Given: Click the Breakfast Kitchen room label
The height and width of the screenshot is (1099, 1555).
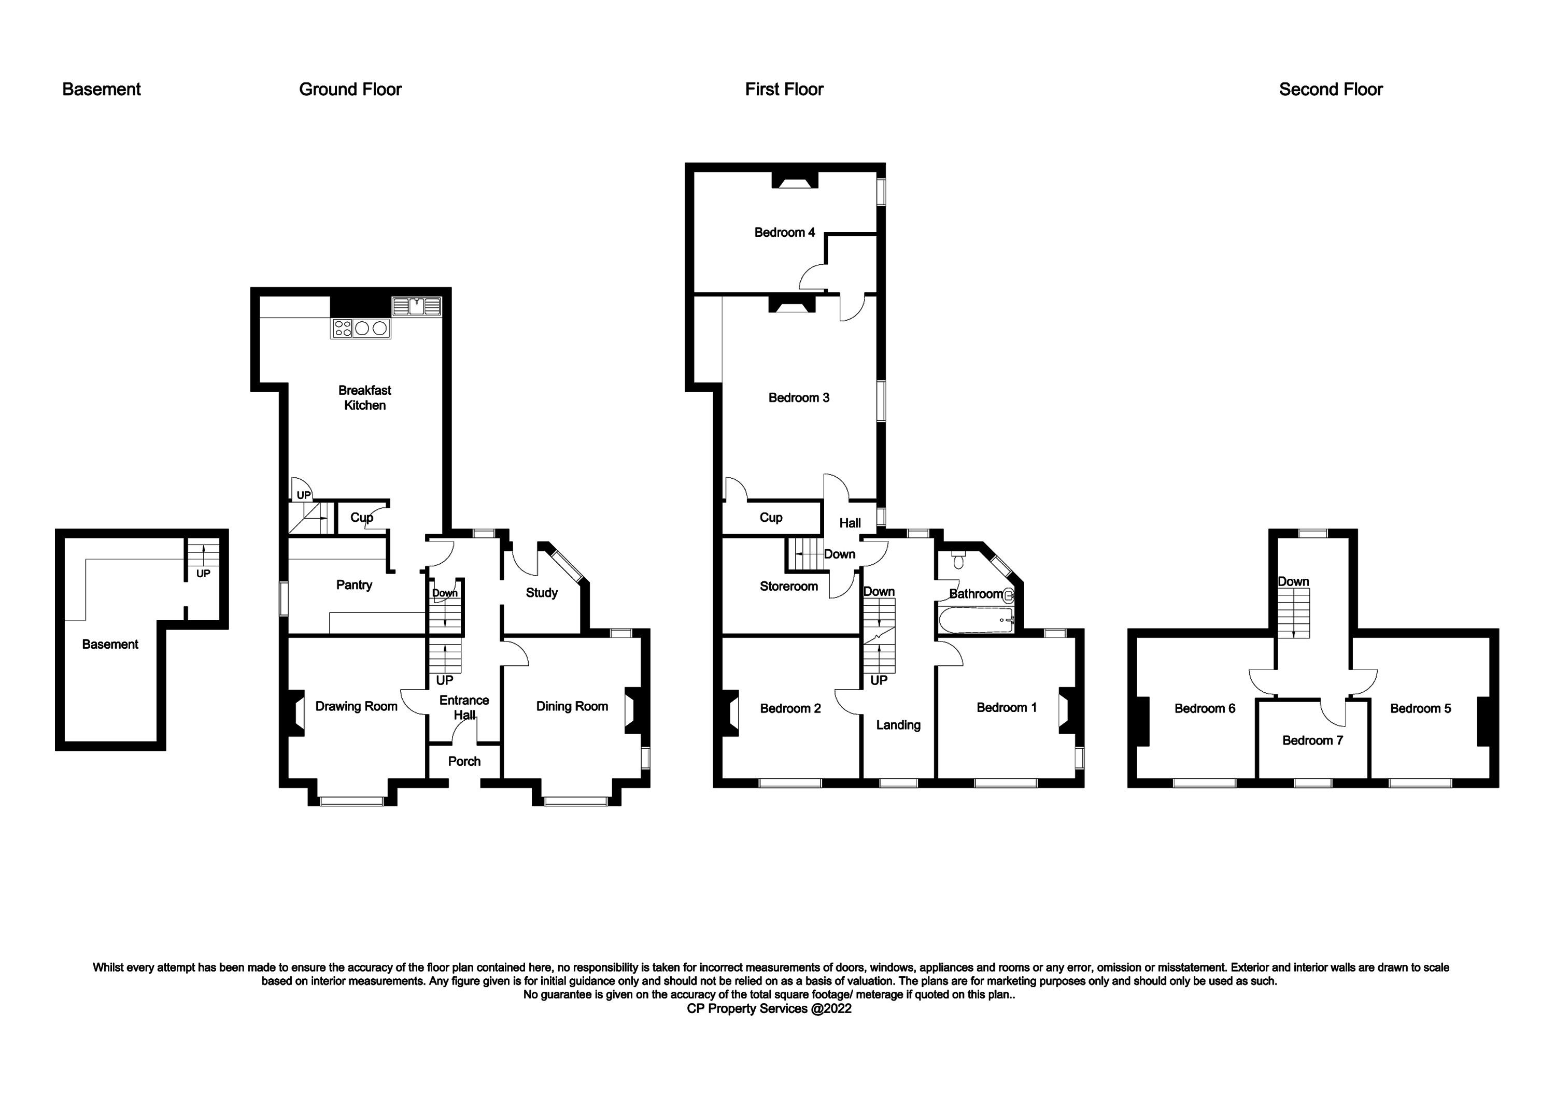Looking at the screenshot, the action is pos(365,397).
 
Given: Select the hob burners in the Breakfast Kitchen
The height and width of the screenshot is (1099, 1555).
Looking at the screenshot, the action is pos(361,329).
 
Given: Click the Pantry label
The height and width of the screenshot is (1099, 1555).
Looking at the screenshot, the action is pos(354,585).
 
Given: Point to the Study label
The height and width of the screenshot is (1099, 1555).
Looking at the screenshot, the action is pos(542,592).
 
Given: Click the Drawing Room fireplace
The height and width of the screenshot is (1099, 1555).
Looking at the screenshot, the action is pos(296,713).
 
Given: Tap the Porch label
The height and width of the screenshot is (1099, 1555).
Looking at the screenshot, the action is pos(464,761).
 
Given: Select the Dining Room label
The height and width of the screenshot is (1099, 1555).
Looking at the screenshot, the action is pos(572,706).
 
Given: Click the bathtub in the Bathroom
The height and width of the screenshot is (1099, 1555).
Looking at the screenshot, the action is pos(976,620).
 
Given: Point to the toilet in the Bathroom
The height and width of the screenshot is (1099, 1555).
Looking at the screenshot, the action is pos(958,561).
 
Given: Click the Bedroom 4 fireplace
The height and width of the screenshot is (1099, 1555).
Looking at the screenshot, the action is pos(796,181).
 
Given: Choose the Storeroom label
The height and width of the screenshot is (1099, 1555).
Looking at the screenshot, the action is pos(789,587).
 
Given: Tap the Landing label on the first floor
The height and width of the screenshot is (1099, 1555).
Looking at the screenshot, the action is pos(899,725).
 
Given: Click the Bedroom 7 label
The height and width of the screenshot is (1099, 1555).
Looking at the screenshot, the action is pos(1312,740).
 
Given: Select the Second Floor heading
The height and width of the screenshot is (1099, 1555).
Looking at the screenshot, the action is pos(1331,90).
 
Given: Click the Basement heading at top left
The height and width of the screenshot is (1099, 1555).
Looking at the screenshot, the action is pos(102,90).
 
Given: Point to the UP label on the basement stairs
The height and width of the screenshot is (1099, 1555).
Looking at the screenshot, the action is pos(203,574).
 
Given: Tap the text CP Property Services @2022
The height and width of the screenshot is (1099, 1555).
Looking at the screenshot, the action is pos(769,1008).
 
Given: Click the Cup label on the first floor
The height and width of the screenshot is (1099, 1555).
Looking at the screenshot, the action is pos(771,517).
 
